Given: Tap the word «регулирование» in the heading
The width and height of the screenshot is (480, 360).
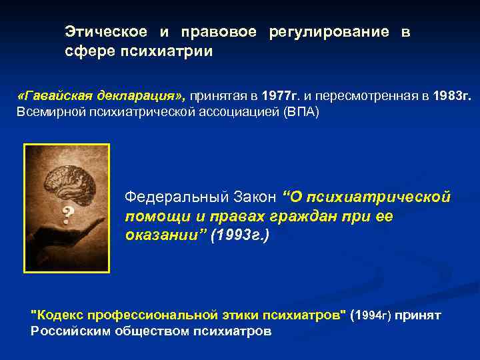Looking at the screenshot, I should click(329, 31).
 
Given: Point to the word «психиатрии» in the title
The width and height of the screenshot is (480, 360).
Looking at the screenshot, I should click(175, 51).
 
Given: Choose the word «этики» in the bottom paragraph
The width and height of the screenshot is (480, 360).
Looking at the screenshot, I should click(238, 315).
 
